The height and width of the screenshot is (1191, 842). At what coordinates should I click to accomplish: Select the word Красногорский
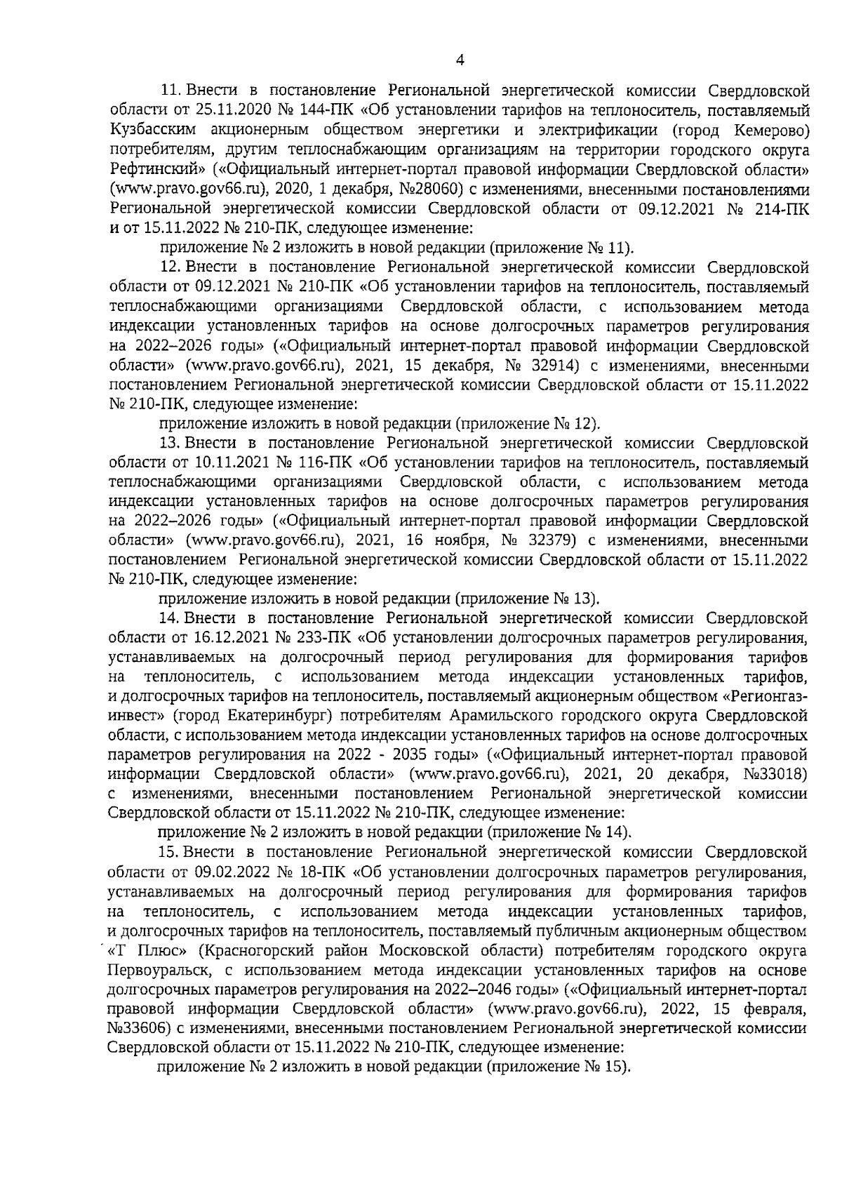coord(254,951)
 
